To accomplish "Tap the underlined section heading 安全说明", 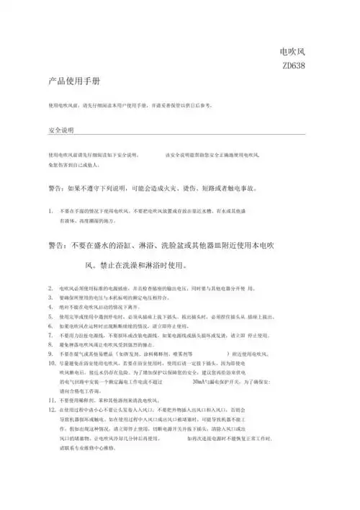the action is [60, 131].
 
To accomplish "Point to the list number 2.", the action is [50, 287].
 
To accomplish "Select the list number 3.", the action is [50, 296].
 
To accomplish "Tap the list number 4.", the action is [50, 305].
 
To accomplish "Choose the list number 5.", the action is [50, 315].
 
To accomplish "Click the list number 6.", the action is [50, 324].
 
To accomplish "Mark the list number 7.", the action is [50, 334].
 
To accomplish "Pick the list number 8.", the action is [50, 344].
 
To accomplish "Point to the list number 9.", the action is [50, 353].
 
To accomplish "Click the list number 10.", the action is [51, 362].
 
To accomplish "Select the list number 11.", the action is [51, 400].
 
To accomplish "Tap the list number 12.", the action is [51, 409].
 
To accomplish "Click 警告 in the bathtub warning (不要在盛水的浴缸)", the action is [58, 246].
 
